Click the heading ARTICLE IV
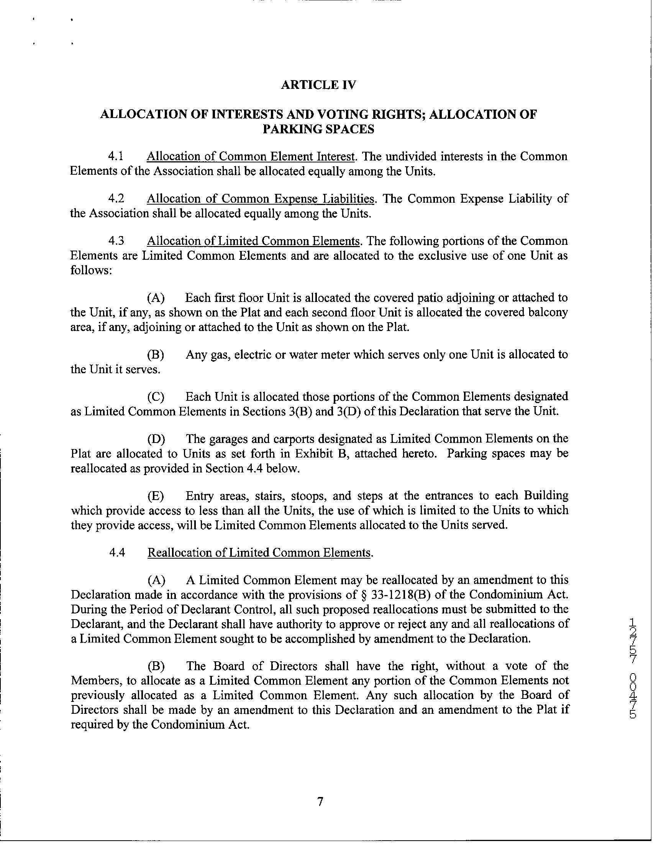(318, 85)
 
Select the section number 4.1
(116, 156)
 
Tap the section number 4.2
(116, 198)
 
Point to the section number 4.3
(116, 241)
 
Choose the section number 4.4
(117, 553)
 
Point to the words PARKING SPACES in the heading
(318, 129)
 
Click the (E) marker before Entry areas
(156, 496)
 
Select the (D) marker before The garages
(156, 439)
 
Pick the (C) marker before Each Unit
(156, 397)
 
